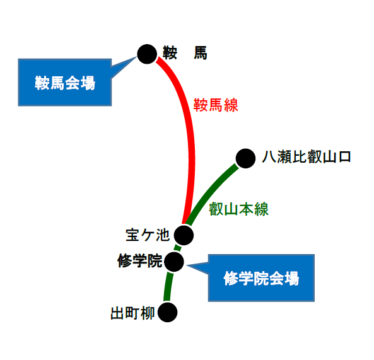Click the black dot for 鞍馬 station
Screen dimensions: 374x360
click(147, 54)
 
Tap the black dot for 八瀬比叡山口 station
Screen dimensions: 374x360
click(245, 158)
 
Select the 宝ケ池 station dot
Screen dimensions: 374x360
click(184, 235)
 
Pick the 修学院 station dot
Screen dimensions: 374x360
click(174, 262)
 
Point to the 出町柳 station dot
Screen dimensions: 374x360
click(168, 312)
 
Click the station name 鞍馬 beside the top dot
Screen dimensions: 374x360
click(185, 53)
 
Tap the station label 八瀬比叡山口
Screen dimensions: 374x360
click(307, 157)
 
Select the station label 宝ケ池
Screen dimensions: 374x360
click(148, 235)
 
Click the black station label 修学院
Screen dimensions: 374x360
click(140, 260)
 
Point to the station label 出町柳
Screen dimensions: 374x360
click(132, 313)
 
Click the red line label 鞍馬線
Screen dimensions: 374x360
click(216, 105)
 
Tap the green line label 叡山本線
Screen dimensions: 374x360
click(239, 209)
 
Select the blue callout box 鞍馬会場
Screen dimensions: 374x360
click(64, 82)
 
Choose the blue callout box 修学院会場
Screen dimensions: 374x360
click(261, 278)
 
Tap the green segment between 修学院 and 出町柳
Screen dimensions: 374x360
click(168, 286)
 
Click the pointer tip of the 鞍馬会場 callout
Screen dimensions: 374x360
click(137, 57)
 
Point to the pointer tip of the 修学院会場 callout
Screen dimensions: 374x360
click(187, 265)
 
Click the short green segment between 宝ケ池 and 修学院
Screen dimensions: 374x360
click(178, 248)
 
